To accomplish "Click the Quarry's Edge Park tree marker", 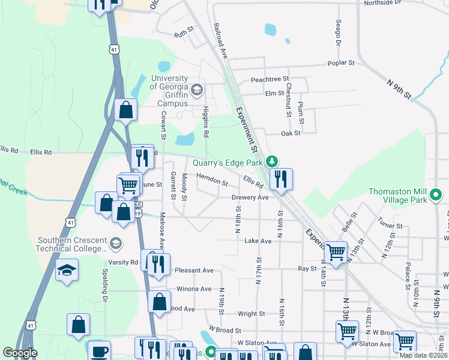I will pyautogui.click(x=272, y=161).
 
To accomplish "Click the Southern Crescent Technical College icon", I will pyautogui.click(x=115, y=244).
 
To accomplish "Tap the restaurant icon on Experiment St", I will pyautogui.click(x=280, y=179).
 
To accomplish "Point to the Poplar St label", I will pyautogui.click(x=341, y=62).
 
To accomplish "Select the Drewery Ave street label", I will pyautogui.click(x=250, y=197).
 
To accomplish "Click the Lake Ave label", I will pyautogui.click(x=258, y=241).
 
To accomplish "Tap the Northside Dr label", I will pyautogui.click(x=382, y=3).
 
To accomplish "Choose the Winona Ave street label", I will pyautogui.click(x=194, y=289).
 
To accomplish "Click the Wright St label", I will pyautogui.click(x=251, y=314).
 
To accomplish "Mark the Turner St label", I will pyautogui.click(x=391, y=226).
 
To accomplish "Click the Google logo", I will pyautogui.click(x=20, y=353).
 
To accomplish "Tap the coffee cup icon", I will pyautogui.click(x=99, y=351).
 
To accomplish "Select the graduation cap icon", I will pyautogui.click(x=67, y=270).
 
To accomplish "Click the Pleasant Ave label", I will pyautogui.click(x=194, y=271).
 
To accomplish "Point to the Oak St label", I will pyautogui.click(x=291, y=133).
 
